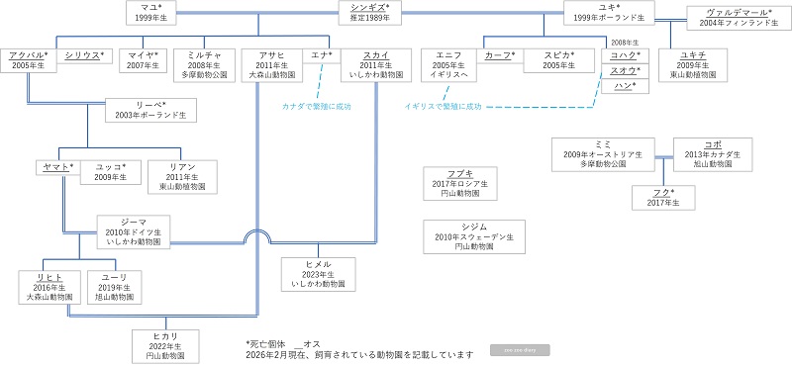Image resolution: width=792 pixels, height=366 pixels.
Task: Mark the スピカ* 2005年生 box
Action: click(557, 61)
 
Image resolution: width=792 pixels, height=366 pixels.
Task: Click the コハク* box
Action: click(626, 55)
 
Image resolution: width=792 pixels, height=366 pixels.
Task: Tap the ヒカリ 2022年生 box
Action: click(165, 346)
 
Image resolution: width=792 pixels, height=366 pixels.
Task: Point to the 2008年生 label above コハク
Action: click(626, 43)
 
